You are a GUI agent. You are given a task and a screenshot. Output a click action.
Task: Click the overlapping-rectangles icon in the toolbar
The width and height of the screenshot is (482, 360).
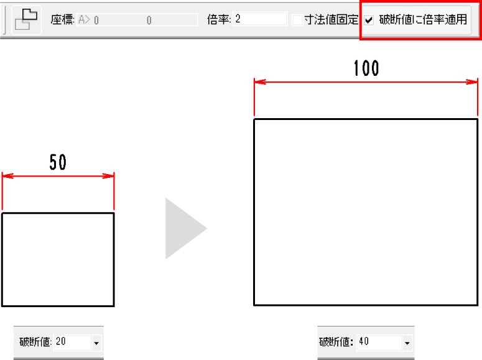click(26, 19)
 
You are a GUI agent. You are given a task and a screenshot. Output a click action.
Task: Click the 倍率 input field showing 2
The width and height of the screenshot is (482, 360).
click(260, 19)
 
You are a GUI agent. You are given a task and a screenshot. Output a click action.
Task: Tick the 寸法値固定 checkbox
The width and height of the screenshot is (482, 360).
click(297, 21)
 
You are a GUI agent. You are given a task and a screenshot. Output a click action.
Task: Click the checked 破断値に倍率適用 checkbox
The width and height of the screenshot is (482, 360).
click(369, 21)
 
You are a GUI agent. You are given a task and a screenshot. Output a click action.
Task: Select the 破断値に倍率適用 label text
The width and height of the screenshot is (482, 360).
click(423, 20)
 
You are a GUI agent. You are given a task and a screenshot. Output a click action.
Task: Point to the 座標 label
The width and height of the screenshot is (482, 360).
click(62, 20)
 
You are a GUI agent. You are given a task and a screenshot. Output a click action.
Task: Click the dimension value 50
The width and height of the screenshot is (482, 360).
click(58, 162)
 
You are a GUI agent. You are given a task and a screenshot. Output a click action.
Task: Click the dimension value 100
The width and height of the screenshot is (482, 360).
click(366, 68)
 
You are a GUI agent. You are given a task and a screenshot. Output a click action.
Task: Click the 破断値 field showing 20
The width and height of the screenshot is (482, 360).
click(73, 342)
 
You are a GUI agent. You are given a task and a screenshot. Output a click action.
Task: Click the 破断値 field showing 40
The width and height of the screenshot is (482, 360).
click(379, 342)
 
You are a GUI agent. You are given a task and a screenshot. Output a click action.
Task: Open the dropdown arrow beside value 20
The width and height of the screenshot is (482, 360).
click(96, 343)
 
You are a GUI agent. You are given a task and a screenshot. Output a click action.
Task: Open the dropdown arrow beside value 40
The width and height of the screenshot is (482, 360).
click(407, 343)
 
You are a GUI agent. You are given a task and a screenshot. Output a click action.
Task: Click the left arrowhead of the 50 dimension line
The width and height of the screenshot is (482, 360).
click(7, 176)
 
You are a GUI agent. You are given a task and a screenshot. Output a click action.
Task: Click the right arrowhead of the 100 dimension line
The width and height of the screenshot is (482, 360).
click(472, 82)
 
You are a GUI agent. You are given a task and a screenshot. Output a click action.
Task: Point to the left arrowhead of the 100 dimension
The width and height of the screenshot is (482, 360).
click(260, 82)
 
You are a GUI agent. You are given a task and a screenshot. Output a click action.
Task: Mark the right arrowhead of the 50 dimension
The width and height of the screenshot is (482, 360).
click(108, 176)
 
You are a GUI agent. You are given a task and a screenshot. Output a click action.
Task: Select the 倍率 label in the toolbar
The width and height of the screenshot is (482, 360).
click(219, 20)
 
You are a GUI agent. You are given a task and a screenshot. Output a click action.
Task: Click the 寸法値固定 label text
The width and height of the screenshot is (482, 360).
click(331, 20)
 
